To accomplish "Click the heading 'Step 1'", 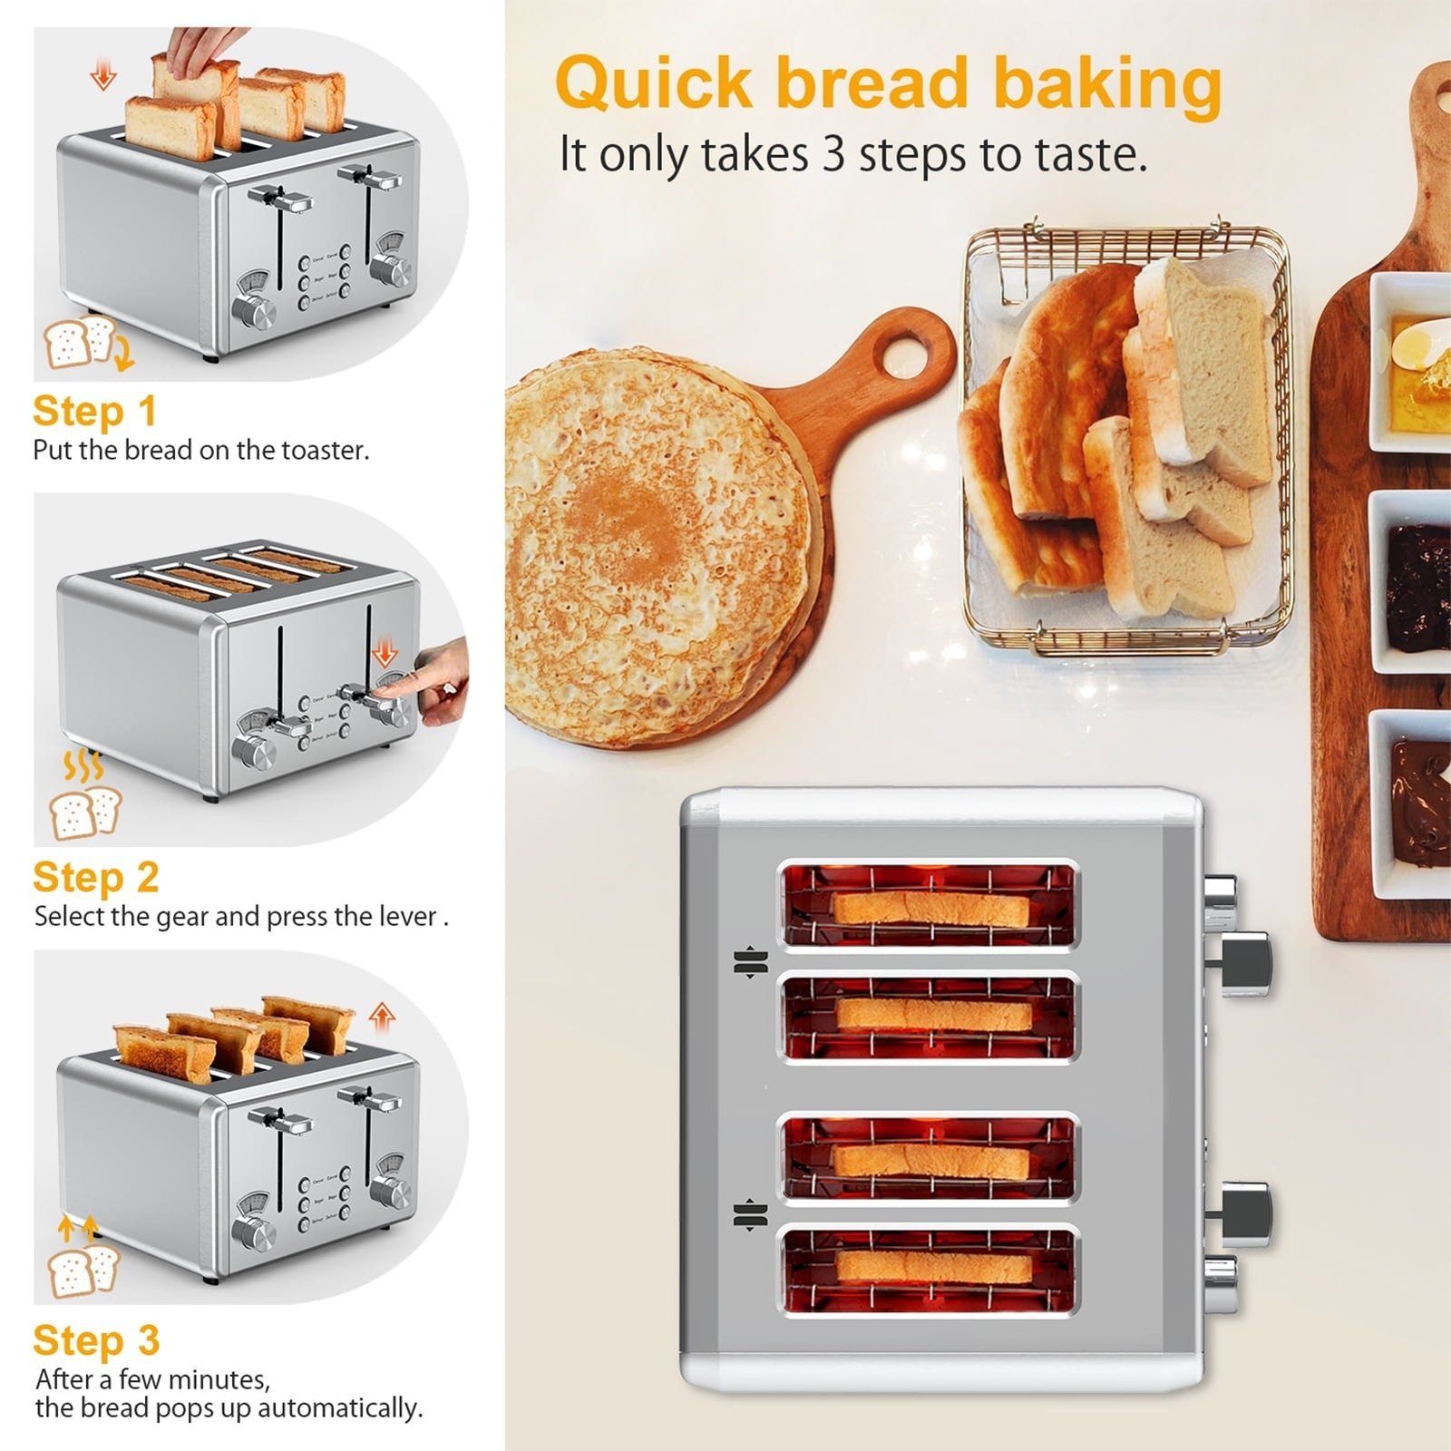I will (x=95, y=411).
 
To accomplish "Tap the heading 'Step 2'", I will (x=96, y=877).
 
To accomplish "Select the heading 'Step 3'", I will (x=96, y=1340).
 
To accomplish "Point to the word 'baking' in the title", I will (x=1107, y=83).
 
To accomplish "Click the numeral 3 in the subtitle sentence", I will (x=833, y=154).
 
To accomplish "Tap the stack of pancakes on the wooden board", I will (x=657, y=544).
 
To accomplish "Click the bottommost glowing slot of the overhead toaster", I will (x=930, y=1270).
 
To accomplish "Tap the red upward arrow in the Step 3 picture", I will (x=382, y=1018).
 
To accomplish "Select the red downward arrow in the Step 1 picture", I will (x=103, y=74).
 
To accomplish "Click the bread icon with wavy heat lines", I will (x=85, y=798).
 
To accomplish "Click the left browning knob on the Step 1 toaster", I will (x=254, y=310).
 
